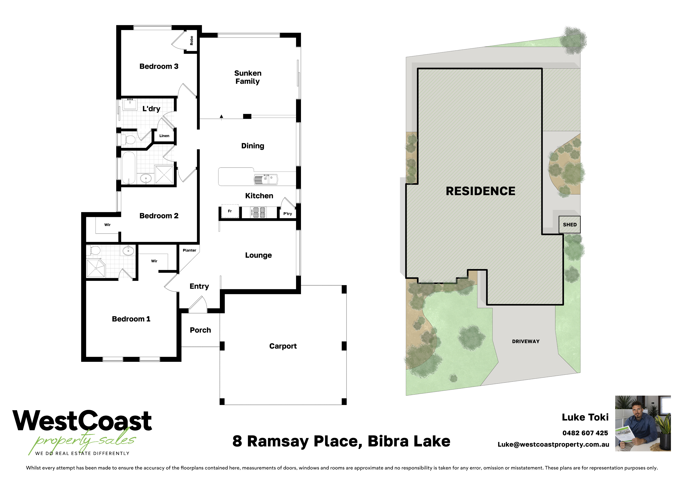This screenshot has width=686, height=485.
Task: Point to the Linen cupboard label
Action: (164, 136)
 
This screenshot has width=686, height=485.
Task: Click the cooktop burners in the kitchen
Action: (259, 212)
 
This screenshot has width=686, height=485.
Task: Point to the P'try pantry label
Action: (287, 214)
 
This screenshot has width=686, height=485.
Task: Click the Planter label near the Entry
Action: (189, 250)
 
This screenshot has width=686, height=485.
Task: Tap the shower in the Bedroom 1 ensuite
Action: (96, 268)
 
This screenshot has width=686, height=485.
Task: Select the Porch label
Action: (200, 330)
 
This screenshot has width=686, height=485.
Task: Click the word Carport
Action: (283, 346)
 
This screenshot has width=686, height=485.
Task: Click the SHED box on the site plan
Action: (569, 225)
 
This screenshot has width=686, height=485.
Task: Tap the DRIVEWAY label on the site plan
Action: (526, 341)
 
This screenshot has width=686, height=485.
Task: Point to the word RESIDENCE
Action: (480, 191)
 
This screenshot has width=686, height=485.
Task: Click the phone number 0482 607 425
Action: (585, 433)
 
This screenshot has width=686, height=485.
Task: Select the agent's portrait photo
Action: (643, 423)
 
